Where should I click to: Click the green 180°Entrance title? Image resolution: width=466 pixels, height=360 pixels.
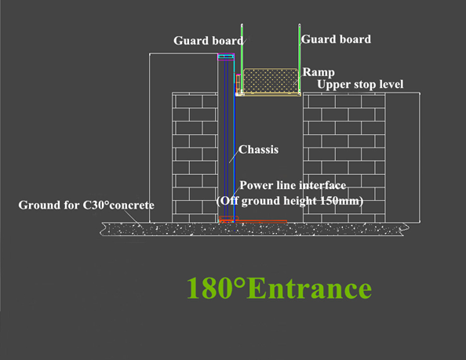279,288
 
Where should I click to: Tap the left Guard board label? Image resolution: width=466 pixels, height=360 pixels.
209,41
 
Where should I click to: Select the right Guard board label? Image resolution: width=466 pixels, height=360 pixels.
336,39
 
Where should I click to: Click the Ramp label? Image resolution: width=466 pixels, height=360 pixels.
319,72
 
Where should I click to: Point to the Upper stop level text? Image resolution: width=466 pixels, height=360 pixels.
360,85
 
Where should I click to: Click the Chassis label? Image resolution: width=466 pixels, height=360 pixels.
259,149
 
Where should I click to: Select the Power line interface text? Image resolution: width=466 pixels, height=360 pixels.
293,185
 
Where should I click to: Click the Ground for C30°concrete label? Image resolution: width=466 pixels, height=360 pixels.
86,205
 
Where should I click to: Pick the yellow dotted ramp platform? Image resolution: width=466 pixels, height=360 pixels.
271,80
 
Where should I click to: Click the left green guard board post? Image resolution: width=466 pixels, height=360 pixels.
242,58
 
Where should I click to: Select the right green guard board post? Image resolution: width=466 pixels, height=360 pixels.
300,58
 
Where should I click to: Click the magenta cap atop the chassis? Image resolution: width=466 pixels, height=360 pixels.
226,56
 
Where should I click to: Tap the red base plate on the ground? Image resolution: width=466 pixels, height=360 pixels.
253,220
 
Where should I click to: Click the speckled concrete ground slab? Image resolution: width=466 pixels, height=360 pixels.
254,229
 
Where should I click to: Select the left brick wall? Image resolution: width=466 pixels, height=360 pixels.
195,158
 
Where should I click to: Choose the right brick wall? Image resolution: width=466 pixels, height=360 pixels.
344,158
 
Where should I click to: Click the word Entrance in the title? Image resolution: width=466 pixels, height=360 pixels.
309,288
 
